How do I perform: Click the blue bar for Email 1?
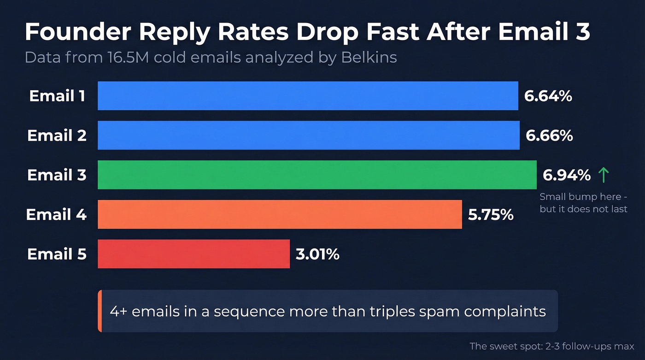(x=308, y=96)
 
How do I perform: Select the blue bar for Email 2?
(x=309, y=136)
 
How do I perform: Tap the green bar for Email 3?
(x=317, y=175)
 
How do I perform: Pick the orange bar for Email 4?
(x=280, y=214)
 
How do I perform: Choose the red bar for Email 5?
(x=193, y=254)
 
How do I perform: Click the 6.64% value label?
(x=548, y=96)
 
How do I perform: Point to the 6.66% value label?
(x=549, y=136)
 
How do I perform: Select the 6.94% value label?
(x=566, y=175)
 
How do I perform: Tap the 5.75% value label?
(x=491, y=214)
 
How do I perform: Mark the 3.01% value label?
(x=317, y=254)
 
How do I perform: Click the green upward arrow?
(x=603, y=175)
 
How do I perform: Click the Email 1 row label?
(x=57, y=96)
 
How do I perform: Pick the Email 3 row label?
(x=57, y=175)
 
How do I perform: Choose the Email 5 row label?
(x=57, y=254)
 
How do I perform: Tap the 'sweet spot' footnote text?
(x=552, y=346)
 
